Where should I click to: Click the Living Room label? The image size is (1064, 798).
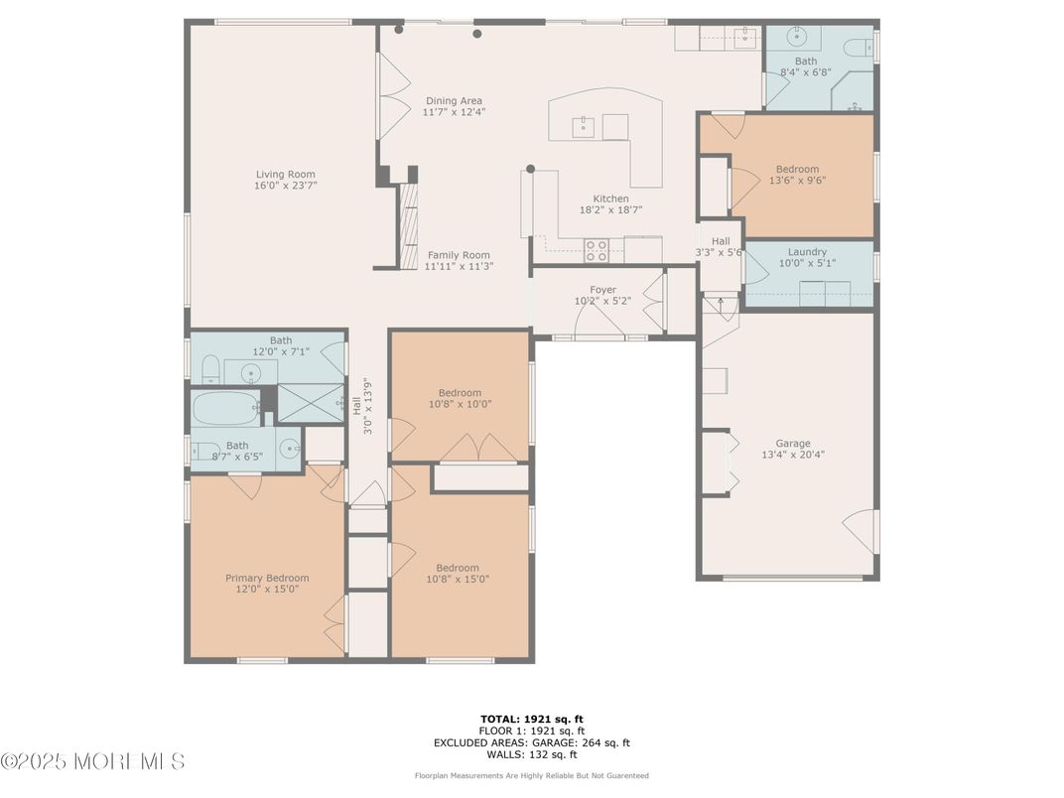coord(286,175)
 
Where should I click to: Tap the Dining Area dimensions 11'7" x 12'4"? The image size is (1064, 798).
coord(454,112)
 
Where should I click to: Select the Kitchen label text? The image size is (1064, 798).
coord(610,199)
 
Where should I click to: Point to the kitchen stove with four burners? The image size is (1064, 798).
coord(597,250)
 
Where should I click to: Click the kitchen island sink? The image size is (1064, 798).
coord(583,127)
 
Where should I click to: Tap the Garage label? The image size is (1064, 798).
coord(793,444)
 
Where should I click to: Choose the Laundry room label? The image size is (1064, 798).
coord(808,252)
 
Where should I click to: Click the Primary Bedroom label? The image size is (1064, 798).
coord(267,578)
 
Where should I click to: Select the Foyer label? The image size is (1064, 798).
coord(602,290)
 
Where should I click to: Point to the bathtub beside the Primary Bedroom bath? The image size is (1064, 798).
coord(226,408)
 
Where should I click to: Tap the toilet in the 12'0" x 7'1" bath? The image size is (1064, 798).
coord(211,369)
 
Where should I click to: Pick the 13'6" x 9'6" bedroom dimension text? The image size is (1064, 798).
coord(797,181)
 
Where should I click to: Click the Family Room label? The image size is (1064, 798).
coord(459,255)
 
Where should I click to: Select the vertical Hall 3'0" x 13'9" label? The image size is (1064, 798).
coord(362,406)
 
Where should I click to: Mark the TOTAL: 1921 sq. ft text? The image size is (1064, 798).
coord(532,720)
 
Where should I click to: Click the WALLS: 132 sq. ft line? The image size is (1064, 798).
coord(532,754)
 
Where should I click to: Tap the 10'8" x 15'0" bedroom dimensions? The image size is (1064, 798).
coord(458,580)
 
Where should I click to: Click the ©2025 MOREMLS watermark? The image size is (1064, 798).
coord(93,761)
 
